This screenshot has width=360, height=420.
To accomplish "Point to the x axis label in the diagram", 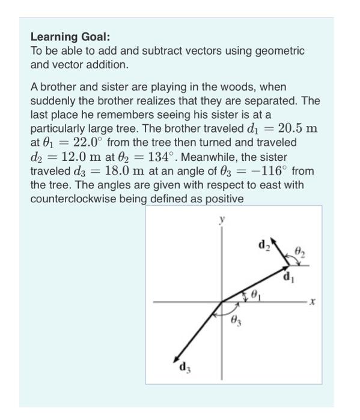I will coord(313,304).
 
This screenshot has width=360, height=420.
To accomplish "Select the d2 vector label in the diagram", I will coord(263,244).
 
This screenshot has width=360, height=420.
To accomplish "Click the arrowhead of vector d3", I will coord(175,358).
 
